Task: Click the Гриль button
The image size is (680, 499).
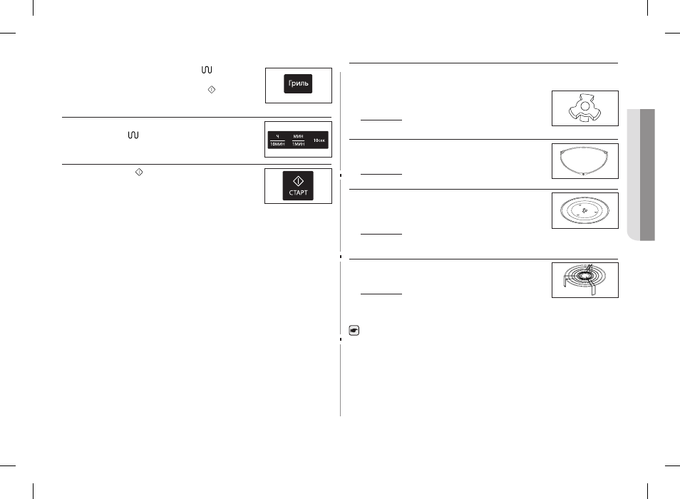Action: click(x=298, y=83)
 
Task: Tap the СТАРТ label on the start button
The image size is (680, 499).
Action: click(x=298, y=192)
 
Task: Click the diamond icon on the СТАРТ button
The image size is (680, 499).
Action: click(x=298, y=181)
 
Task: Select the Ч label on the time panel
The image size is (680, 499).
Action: click(x=277, y=137)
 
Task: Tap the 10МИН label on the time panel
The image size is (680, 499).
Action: click(x=277, y=144)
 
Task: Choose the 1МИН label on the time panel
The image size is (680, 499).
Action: click(x=299, y=144)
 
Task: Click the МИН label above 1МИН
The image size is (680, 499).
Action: click(x=299, y=137)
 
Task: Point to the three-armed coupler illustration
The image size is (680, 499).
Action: click(x=584, y=109)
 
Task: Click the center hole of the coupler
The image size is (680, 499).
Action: click(x=585, y=106)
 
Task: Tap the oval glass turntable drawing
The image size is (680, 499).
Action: click(x=584, y=211)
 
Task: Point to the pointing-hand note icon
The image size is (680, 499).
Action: click(x=354, y=331)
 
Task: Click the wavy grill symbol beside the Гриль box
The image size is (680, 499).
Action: click(x=207, y=70)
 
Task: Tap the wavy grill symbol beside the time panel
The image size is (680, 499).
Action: click(x=133, y=135)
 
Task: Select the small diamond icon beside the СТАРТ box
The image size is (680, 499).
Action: click(x=139, y=172)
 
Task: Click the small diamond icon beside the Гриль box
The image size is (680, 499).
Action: click(x=212, y=90)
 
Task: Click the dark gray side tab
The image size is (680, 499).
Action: click(x=647, y=175)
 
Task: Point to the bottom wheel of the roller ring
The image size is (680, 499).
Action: click(x=584, y=174)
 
